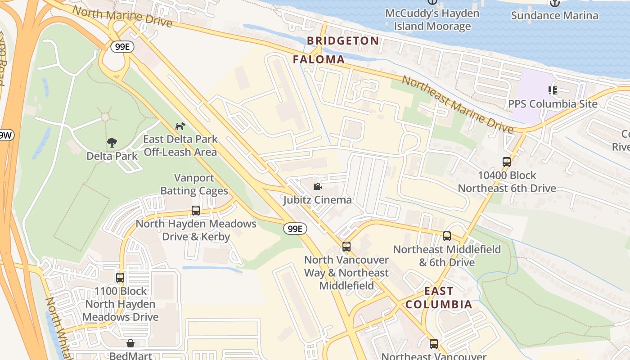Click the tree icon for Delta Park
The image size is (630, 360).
coord(112,143)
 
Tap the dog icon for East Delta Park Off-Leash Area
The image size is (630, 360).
coord(180,126)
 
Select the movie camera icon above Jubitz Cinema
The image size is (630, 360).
coord(317,186)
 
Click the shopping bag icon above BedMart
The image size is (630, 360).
coord(130,344)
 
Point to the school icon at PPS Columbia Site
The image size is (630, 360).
coord(553,90)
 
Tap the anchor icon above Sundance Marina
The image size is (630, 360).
coord(555,3)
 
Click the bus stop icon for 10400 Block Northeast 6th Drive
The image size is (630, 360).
coord(507,162)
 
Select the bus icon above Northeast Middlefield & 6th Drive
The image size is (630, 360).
coord(447,236)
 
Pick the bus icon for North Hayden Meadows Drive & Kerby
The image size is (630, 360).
coord(196,211)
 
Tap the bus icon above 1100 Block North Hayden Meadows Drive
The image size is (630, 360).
coord(120,278)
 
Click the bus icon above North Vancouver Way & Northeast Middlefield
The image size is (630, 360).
coord(346,247)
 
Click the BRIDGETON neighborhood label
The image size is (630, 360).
coord(343,41)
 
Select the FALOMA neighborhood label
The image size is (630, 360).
coord(319,59)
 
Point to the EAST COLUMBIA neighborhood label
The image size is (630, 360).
coord(439,297)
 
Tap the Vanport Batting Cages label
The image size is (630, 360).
coord(194,184)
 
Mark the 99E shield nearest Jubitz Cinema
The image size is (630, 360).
coord(295,229)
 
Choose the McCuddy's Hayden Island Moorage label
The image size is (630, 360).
coord(432,20)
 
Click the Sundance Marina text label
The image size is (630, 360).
coord(554,16)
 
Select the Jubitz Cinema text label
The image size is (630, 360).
coord(317,200)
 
